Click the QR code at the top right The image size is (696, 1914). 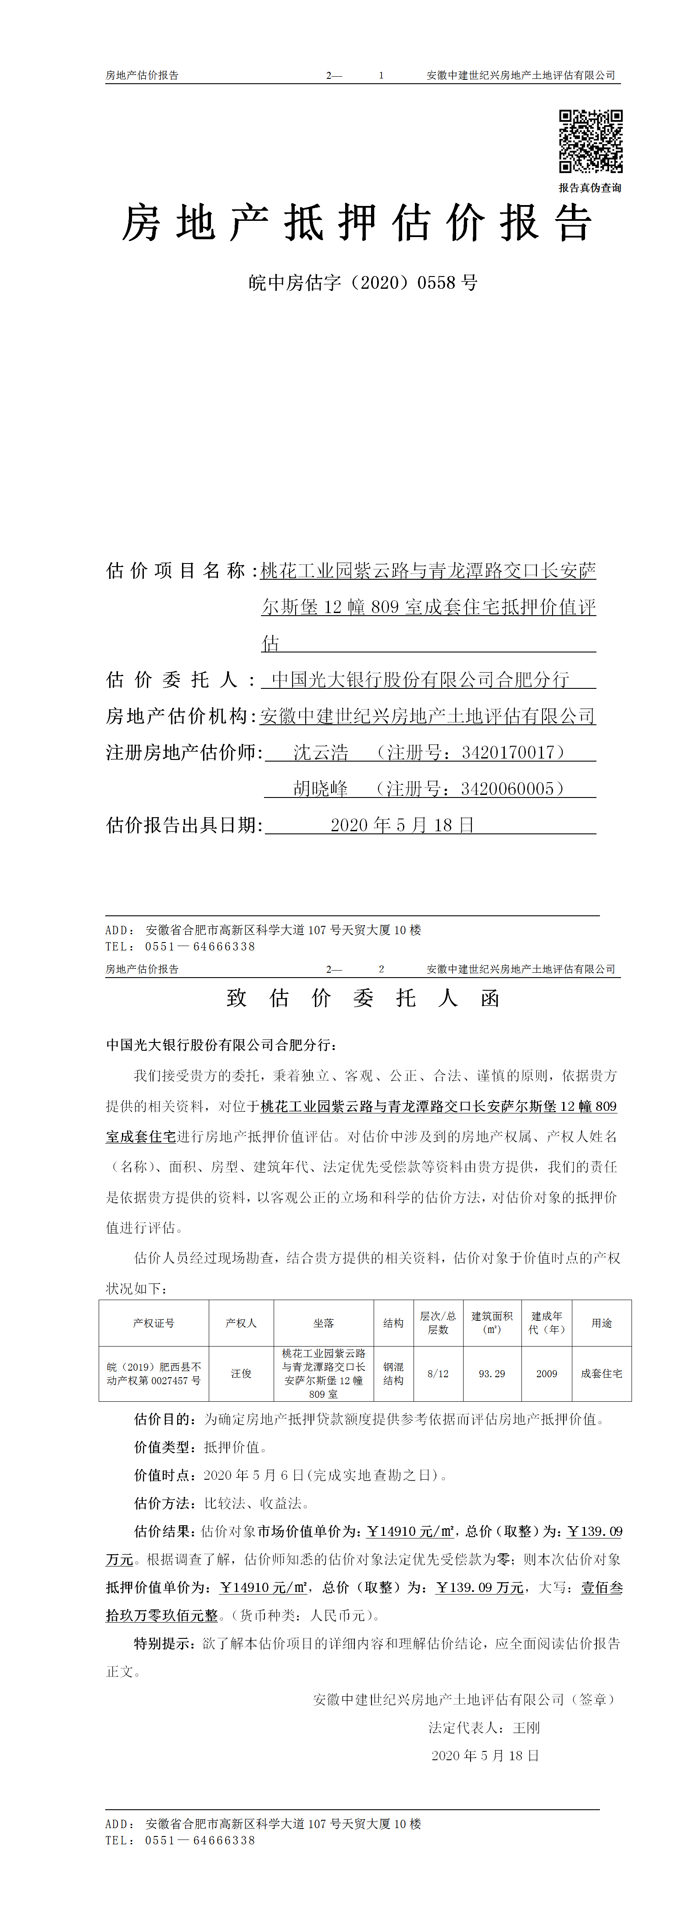coord(590,141)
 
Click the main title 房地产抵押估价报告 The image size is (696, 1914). coord(357,223)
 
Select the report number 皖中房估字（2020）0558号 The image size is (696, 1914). coord(363,283)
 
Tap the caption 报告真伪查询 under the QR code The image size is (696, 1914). coord(590,188)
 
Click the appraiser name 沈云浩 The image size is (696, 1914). coord(321,753)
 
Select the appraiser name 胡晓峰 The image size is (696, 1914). coord(321,789)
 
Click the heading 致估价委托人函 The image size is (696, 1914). coord(363,998)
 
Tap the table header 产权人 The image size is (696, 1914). coord(241,1323)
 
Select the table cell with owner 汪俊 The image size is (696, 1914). coord(241,1374)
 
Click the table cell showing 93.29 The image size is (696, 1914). coord(492,1374)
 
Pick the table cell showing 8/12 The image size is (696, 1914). coord(438,1374)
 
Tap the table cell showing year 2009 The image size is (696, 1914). coord(546,1374)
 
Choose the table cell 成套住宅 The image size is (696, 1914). coord(602,1374)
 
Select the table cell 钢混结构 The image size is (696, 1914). coord(393,1374)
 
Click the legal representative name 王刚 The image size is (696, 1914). coord(526,1727)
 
